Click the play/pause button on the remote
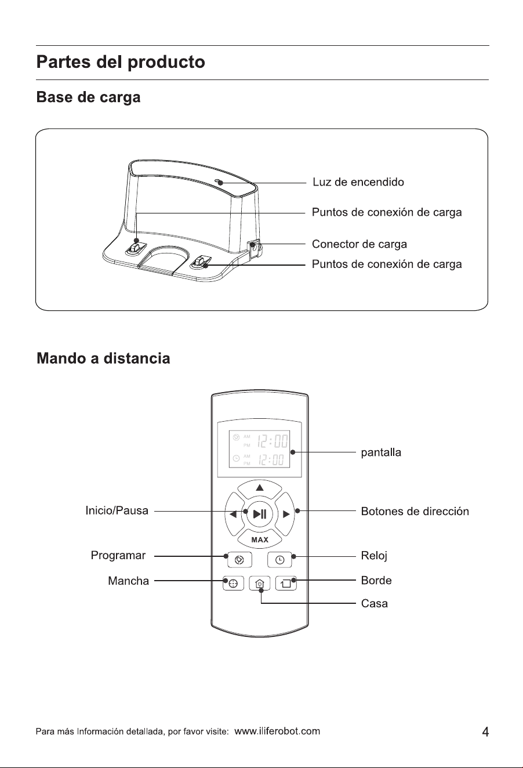(x=259, y=514)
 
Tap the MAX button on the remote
(x=259, y=539)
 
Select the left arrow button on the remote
(x=234, y=514)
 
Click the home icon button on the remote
(x=260, y=583)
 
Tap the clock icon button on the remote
(x=279, y=560)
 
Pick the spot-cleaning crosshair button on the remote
(x=234, y=583)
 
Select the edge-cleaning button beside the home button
(x=286, y=583)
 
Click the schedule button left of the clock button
(x=239, y=560)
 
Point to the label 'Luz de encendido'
(x=358, y=182)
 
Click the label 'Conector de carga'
(x=359, y=244)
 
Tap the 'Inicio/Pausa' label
(x=117, y=510)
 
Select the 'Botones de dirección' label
(x=415, y=511)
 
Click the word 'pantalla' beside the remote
(x=381, y=452)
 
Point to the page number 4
(x=485, y=731)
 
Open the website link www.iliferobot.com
(x=277, y=731)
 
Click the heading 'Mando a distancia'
(x=103, y=358)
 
